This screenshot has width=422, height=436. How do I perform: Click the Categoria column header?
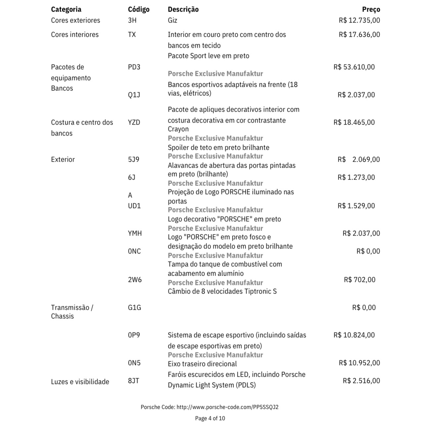pos(66,9)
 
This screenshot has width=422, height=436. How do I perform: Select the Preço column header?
pos(371,9)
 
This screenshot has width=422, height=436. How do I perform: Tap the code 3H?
pos(132,20)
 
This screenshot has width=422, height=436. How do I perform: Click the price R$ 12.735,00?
pos(359,20)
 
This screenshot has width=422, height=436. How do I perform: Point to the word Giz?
pos(172,20)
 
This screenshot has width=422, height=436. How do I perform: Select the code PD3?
pos(134,67)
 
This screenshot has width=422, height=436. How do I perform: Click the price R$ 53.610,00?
pos(354,67)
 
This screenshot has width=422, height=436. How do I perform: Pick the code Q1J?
pos(134,95)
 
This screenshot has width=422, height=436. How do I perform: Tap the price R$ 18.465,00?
pos(354,122)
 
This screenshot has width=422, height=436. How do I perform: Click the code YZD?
pos(134,122)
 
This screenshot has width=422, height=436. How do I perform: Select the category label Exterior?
pos(63,159)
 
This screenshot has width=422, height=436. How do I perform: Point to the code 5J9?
pos(133,159)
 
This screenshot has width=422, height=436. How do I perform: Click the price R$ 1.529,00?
pos(356,206)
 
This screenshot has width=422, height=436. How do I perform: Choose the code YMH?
pos(135,233)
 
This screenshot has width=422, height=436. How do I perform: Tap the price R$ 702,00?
pos(359,280)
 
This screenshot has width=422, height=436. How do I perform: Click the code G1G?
pos(134,307)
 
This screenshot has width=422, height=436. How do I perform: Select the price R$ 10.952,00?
pos(359,363)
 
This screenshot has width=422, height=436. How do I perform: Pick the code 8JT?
pos(133,381)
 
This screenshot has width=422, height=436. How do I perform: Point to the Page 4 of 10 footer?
pos(210,418)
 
